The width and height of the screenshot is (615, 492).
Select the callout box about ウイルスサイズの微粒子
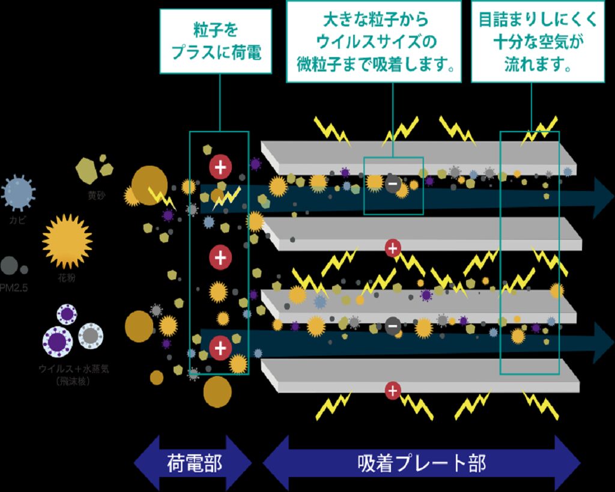[374, 41]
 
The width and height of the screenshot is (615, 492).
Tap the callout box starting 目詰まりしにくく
[537, 41]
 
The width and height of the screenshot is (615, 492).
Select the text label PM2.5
[14, 288]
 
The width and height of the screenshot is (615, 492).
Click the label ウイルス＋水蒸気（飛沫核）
[73, 374]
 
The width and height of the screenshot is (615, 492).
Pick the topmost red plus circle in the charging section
[220, 166]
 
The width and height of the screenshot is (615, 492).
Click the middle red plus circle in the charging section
[220, 258]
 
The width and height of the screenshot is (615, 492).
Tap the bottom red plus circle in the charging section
[220, 348]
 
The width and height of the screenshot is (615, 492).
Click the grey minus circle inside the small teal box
[393, 183]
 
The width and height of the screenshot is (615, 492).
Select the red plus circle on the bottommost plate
[392, 391]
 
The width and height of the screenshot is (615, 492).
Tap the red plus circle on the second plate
[393, 247]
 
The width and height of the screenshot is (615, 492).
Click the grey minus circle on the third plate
[393, 325]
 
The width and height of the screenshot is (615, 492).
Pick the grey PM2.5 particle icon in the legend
[10, 266]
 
